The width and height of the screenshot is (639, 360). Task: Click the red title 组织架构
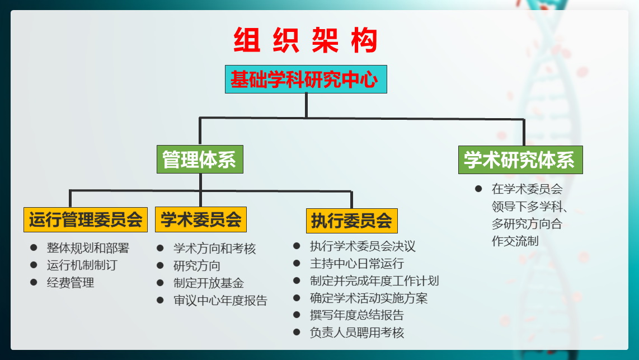306,40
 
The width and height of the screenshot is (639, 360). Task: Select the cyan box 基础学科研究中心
306,79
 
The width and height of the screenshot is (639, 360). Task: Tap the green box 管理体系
200,160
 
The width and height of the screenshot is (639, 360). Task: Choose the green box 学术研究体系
520,160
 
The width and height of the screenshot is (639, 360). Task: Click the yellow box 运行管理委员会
86,219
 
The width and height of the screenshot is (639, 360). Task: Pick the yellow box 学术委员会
201,219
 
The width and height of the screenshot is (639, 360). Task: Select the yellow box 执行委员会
352,221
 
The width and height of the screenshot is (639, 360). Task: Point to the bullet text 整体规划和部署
88,248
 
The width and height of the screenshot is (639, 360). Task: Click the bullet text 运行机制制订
82,265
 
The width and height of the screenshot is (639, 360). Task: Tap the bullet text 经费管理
71,283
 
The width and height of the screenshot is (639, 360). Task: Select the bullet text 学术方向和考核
215,248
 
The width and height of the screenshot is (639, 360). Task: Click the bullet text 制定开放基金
209,283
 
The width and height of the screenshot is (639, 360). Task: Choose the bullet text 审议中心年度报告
220,301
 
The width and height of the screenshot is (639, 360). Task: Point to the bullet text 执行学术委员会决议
363,246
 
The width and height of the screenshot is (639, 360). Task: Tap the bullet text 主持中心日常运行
357,264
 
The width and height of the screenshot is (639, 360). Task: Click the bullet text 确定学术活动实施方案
369,298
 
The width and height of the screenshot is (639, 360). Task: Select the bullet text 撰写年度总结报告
357,315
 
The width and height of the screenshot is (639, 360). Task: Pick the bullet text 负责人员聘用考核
357,333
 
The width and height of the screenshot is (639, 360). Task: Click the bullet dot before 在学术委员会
478,189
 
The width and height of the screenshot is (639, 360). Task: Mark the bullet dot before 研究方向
160,265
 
